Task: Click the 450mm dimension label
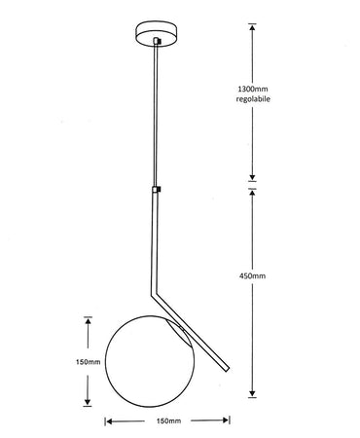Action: point(251,276)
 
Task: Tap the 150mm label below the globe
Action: point(166,421)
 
